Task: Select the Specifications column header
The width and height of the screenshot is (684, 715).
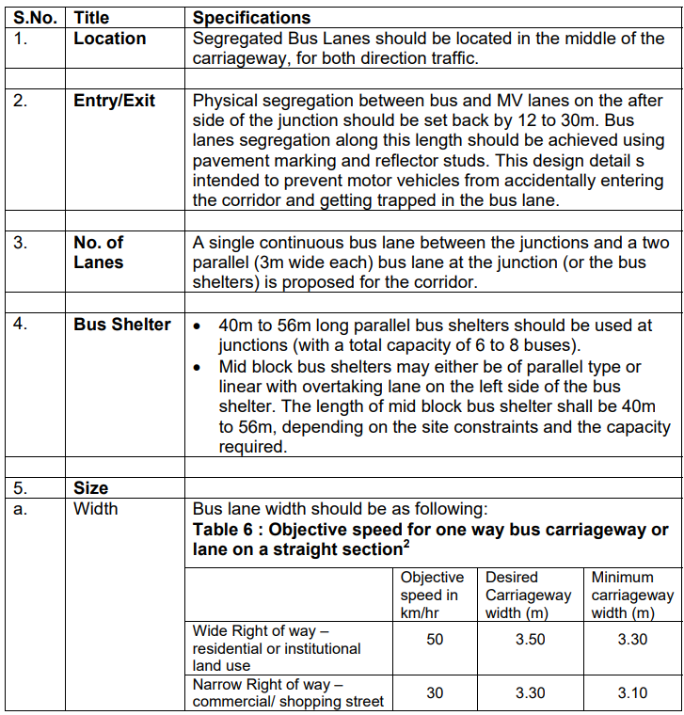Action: click(x=251, y=17)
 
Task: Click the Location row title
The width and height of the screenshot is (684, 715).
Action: click(x=109, y=39)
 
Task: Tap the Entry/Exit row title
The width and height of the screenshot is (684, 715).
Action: click(x=114, y=101)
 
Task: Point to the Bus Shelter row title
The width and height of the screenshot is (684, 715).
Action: click(x=122, y=325)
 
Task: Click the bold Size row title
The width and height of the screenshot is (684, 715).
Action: click(x=90, y=487)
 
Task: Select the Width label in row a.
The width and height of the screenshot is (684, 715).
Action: click(x=96, y=508)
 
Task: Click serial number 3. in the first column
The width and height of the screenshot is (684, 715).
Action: click(x=21, y=242)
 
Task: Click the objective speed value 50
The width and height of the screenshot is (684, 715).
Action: click(x=434, y=639)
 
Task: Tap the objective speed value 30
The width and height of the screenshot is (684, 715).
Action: click(x=434, y=692)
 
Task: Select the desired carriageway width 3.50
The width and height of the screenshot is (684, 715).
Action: click(x=530, y=639)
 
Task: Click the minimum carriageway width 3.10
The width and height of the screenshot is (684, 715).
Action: click(x=631, y=692)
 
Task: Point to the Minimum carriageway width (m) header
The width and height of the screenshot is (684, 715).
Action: click(x=631, y=595)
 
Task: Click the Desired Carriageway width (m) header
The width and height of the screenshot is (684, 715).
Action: click(x=528, y=595)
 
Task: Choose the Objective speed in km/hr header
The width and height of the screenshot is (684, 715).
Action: click(x=432, y=595)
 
